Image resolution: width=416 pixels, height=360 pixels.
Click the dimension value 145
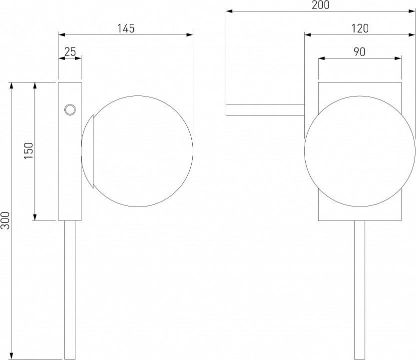[x=126, y=28]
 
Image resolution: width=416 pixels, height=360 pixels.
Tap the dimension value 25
[x=70, y=52]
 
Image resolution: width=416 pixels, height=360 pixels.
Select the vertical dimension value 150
[x=28, y=150]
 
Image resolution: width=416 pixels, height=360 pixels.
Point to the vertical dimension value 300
[x=5, y=220]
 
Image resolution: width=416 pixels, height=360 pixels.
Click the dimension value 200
[x=321, y=5]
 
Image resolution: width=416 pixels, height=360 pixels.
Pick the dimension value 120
[x=360, y=28]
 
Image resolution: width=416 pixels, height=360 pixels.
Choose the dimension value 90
[x=360, y=52]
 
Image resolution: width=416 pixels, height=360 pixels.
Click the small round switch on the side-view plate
[x=70, y=109]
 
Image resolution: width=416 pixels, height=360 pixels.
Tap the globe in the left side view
[x=137, y=151]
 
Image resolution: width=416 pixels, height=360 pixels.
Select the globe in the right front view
[x=360, y=151]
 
